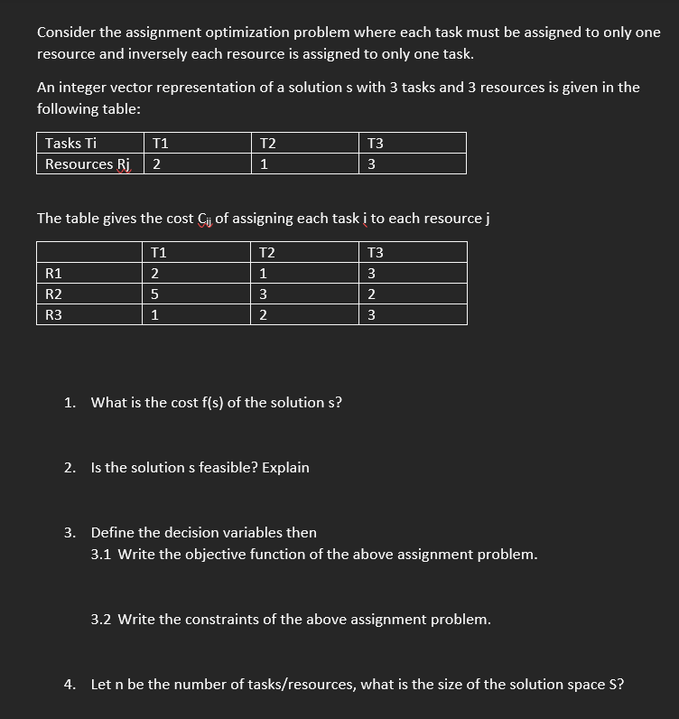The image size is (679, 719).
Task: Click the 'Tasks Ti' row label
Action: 71,143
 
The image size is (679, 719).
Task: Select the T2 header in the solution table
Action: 267,143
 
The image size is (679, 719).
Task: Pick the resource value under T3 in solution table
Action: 372,164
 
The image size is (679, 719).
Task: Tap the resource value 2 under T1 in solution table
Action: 157,164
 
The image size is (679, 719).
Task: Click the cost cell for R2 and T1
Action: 155,294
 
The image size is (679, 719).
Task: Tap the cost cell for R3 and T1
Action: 155,314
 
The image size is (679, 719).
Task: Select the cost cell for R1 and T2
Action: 263,273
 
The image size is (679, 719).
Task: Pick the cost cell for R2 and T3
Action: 371,294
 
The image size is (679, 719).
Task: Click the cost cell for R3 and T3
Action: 371,314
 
